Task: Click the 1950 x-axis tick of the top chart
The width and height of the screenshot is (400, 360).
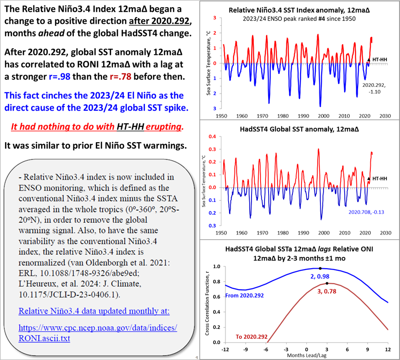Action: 221,116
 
